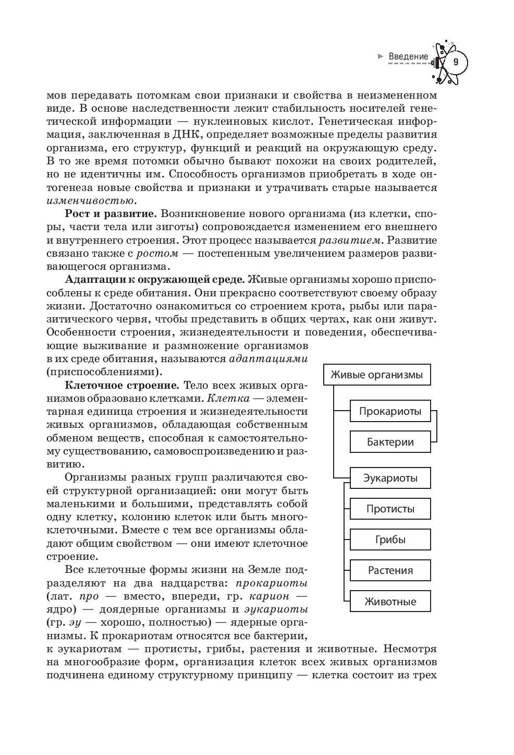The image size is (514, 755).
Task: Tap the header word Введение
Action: point(408,56)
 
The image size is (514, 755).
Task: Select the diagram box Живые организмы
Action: point(377,375)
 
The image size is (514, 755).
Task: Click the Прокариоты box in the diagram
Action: point(390,411)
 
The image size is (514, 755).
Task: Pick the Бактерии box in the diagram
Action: point(390,442)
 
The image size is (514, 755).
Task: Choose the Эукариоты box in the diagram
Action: point(390,478)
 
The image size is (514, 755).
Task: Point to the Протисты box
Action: point(390,509)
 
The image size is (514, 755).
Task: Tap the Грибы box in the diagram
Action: point(390,540)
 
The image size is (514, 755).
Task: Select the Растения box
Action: point(390,570)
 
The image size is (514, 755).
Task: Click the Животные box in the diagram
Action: point(390,601)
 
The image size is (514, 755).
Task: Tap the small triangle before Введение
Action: point(381,56)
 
